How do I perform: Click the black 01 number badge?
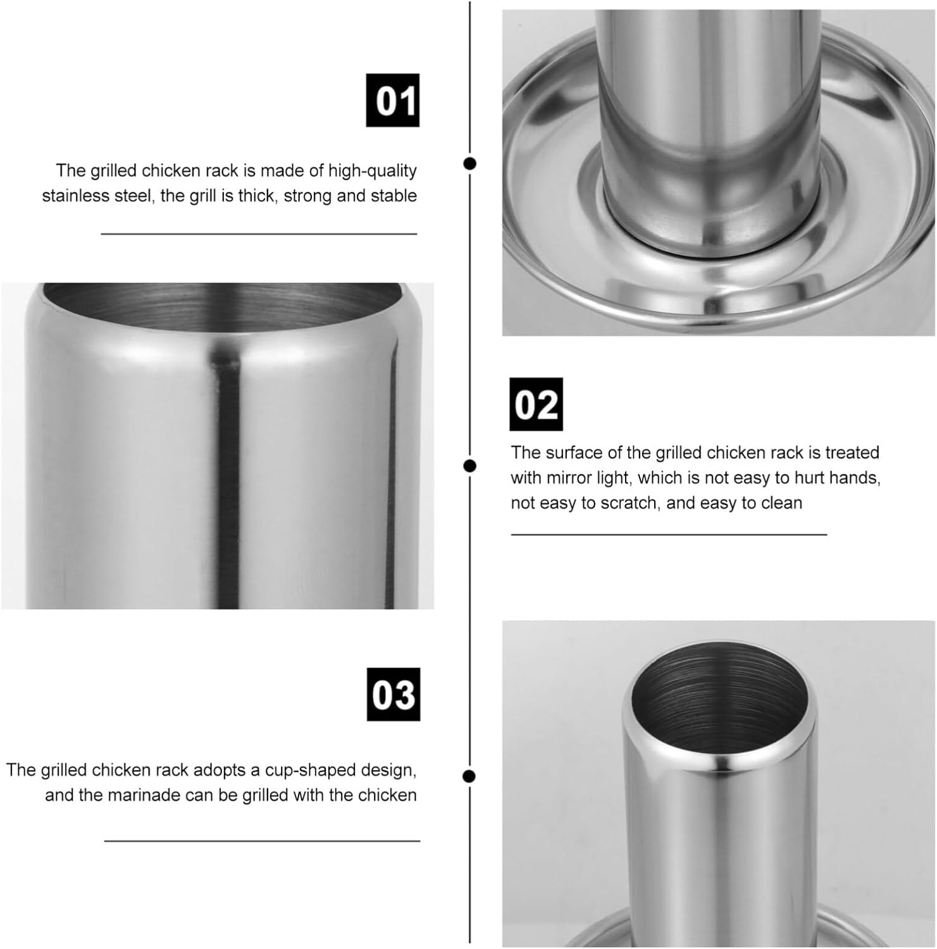tap(392, 100)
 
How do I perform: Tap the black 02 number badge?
tap(536, 404)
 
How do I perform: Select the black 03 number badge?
tap(394, 694)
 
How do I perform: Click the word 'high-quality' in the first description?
tap(373, 171)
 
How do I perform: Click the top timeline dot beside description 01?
tap(469, 163)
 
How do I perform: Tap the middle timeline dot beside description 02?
tap(469, 466)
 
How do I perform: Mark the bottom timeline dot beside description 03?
tap(469, 776)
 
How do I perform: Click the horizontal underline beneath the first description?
tap(259, 234)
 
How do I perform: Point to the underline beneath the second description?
tap(669, 535)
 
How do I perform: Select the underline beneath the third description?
tap(262, 841)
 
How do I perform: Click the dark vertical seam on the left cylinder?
tap(227, 481)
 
